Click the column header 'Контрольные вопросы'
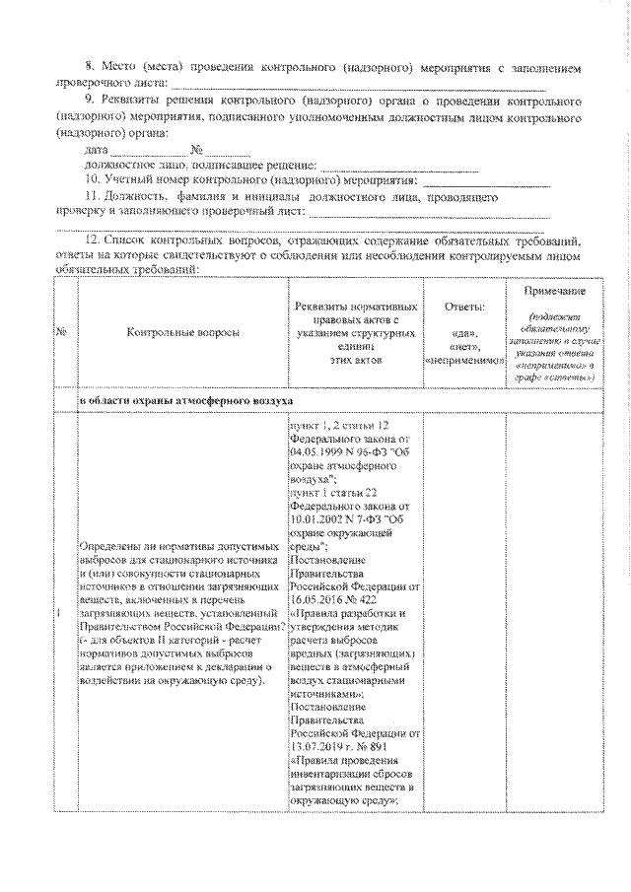pos(182,334)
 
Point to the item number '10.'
pos(93,180)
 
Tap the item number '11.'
pos(93,197)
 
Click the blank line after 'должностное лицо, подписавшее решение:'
pos(399,169)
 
